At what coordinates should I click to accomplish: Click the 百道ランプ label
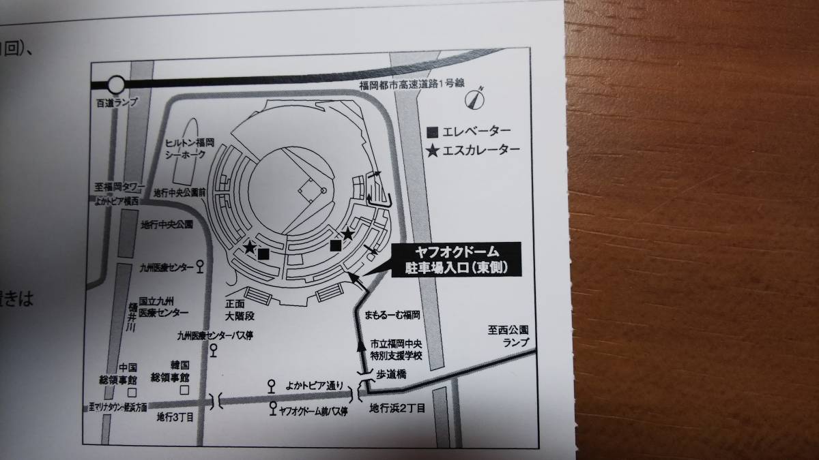[117, 102]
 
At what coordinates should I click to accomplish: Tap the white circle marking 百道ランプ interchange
[116, 85]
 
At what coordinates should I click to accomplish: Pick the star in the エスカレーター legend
[431, 150]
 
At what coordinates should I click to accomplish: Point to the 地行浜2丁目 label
[397, 409]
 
